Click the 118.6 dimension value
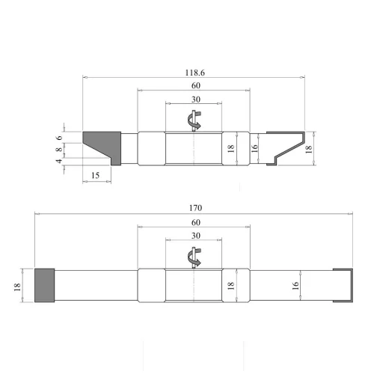pyautogui.click(x=194, y=72)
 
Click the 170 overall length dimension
pyautogui.click(x=195, y=208)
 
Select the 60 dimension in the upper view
pyautogui.click(x=194, y=85)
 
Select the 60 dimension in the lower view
pyautogui.click(x=194, y=223)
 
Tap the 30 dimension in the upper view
pyautogui.click(x=194, y=99)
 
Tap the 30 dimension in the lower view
pyautogui.click(x=194, y=236)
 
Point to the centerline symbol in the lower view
pyautogui.click(x=194, y=257)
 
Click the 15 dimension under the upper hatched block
pyautogui.click(x=95, y=175)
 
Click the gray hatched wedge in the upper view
pyautogui.click(x=102, y=144)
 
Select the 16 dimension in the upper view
pyautogui.click(x=255, y=147)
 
